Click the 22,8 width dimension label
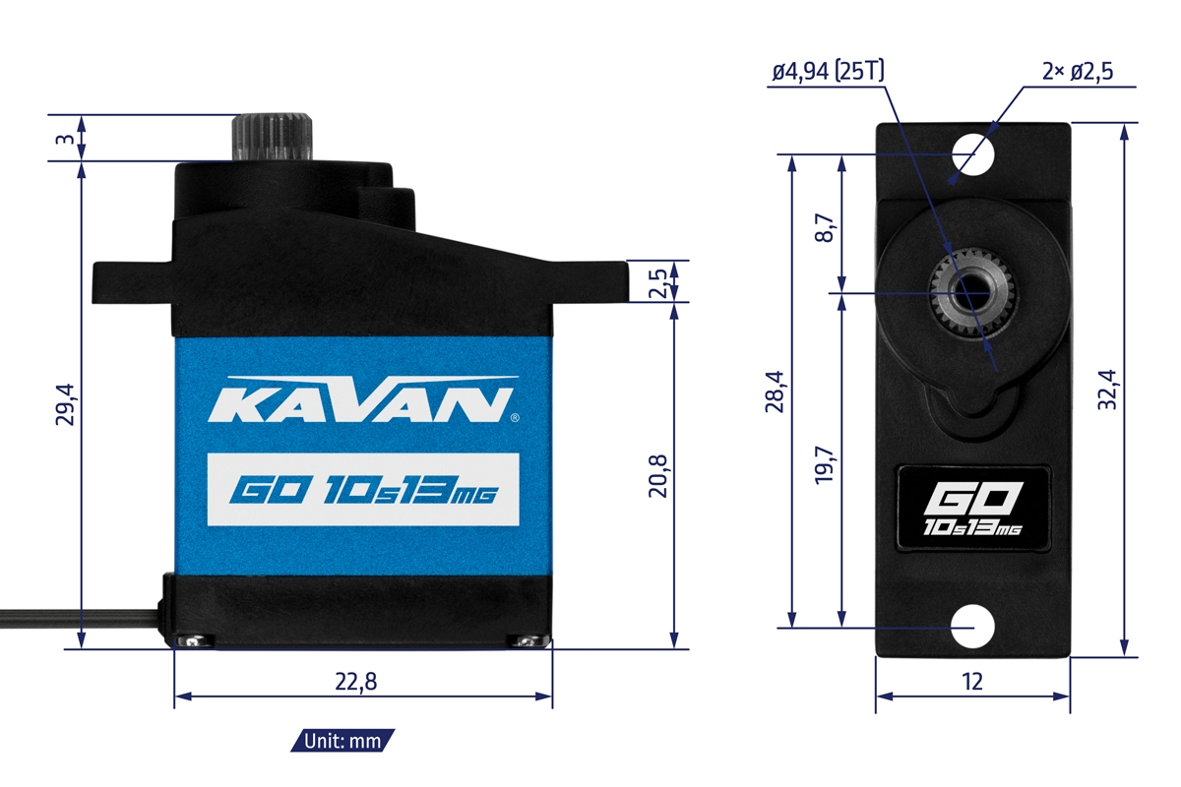pyautogui.click(x=363, y=680)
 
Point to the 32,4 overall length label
pyautogui.click(x=1108, y=390)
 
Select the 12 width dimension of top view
pyautogui.click(x=972, y=680)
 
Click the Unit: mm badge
pyautogui.click(x=343, y=741)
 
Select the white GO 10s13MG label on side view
pyautogui.click(x=363, y=490)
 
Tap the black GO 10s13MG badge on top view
pyautogui.click(x=972, y=508)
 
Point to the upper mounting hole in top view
pyautogui.click(x=972, y=155)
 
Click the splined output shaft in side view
pyautogui.click(x=273, y=138)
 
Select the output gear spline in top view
pyautogui.click(x=971, y=293)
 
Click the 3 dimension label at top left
pyautogui.click(x=63, y=139)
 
